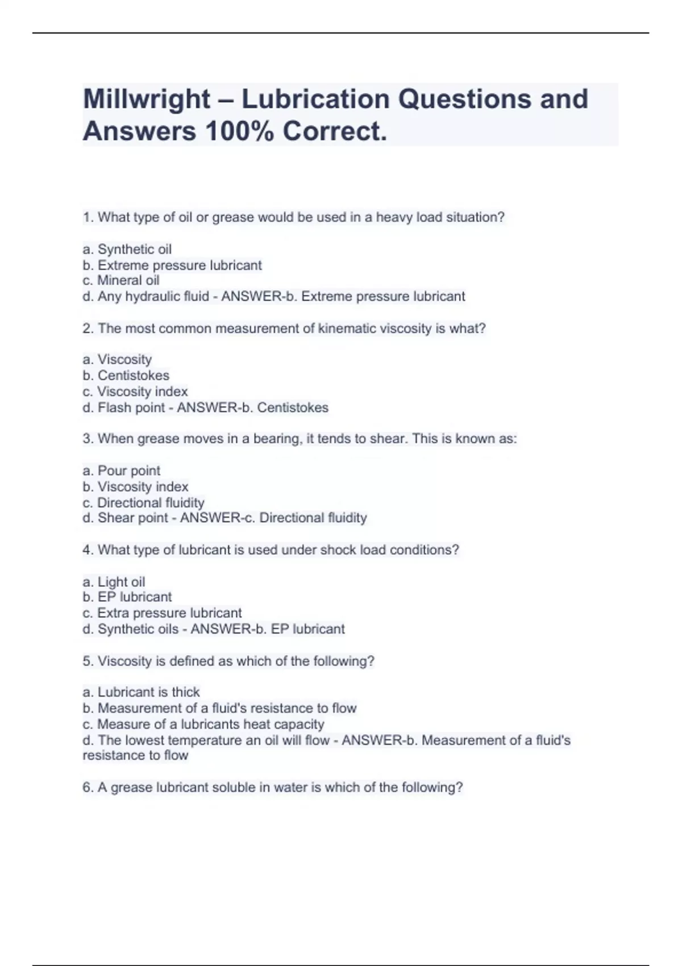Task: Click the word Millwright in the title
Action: [x=147, y=99]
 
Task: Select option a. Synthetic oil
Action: [x=127, y=249]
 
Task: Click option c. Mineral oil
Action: [x=121, y=281]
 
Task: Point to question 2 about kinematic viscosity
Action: [x=284, y=328]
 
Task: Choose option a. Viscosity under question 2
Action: [x=118, y=360]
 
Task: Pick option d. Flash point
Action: [x=124, y=408]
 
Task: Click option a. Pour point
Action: [x=122, y=471]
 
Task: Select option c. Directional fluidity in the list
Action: [x=143, y=503]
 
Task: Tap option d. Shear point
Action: [x=126, y=518]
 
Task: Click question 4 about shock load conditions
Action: [x=271, y=550]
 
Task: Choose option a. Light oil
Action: [x=114, y=582]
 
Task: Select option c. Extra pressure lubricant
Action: [x=162, y=613]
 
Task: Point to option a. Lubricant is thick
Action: [x=141, y=692]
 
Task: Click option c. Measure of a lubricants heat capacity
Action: [x=203, y=724]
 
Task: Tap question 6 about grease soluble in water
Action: [x=273, y=788]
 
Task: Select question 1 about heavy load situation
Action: [x=294, y=218]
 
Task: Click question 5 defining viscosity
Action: [x=228, y=661]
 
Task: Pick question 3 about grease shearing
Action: [x=300, y=439]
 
